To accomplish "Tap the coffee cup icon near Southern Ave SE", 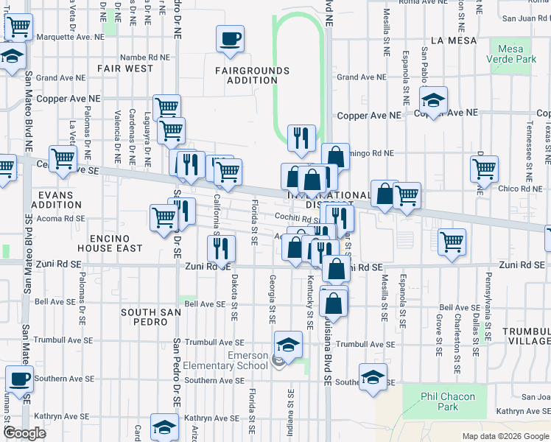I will tap(19, 379).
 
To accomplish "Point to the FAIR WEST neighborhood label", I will tap(124, 69).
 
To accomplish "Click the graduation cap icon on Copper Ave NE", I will tap(434, 100).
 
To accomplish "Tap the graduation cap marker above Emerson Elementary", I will tap(288, 344).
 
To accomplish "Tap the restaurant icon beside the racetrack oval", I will tap(301, 137).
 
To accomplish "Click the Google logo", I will tap(24, 433).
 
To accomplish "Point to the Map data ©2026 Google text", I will tap(505, 436).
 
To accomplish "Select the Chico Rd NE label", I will tap(520, 189).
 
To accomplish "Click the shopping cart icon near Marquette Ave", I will tap(18, 28).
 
